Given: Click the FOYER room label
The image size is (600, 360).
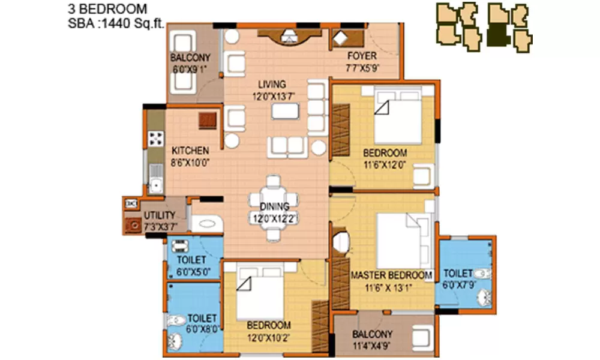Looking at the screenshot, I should (x=362, y=56).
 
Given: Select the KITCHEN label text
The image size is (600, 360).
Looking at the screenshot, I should (x=190, y=151).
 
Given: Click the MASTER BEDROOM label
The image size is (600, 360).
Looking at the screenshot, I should (x=391, y=275).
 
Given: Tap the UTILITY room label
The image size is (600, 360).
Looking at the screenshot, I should (x=159, y=215).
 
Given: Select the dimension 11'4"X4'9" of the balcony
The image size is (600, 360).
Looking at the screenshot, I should (x=373, y=345).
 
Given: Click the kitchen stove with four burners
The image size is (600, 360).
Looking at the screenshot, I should (x=157, y=139).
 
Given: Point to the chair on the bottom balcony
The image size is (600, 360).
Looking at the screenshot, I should (x=424, y=337).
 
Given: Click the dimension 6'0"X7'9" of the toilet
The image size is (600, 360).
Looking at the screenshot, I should (x=458, y=285).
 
